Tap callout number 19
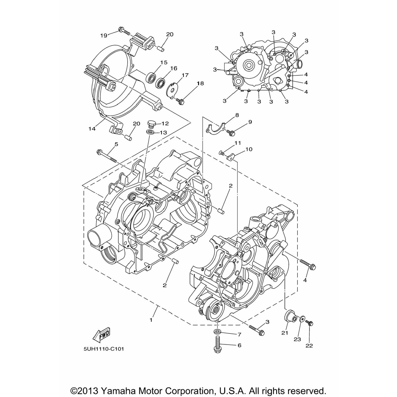tap(104, 35)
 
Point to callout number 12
tap(165, 123)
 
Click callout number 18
tap(200, 83)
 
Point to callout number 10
tap(249, 149)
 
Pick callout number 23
tap(297, 339)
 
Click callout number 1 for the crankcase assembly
tap(151, 320)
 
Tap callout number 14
tap(92, 129)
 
